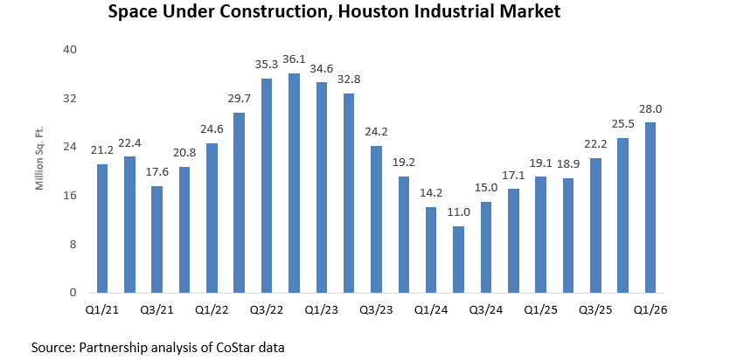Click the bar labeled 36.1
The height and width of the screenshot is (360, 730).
click(x=294, y=183)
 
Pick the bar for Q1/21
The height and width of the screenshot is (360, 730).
click(x=102, y=228)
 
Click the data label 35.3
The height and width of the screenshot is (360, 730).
click(x=267, y=64)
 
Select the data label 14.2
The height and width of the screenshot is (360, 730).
click(x=431, y=192)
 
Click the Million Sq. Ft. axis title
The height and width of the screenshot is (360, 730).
click(x=39, y=171)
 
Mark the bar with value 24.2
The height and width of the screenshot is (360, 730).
click(x=376, y=219)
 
